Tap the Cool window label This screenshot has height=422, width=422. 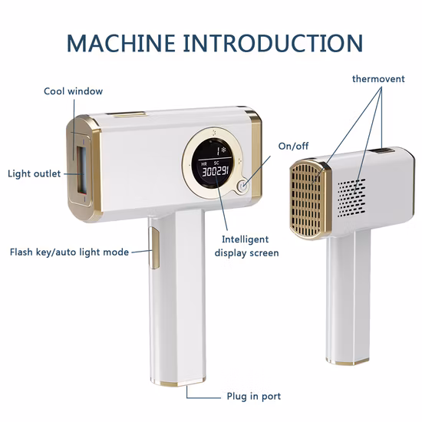click(x=73, y=91)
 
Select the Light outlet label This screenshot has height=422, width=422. click(x=34, y=173)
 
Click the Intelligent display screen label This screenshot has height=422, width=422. click(x=246, y=246)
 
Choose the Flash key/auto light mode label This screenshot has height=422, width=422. click(x=69, y=252)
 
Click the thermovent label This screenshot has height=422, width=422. click(x=381, y=79)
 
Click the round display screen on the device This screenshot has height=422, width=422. click(x=216, y=164)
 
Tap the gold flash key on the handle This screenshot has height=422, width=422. click(x=153, y=249)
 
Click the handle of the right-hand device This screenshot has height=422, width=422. click(x=347, y=292)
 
